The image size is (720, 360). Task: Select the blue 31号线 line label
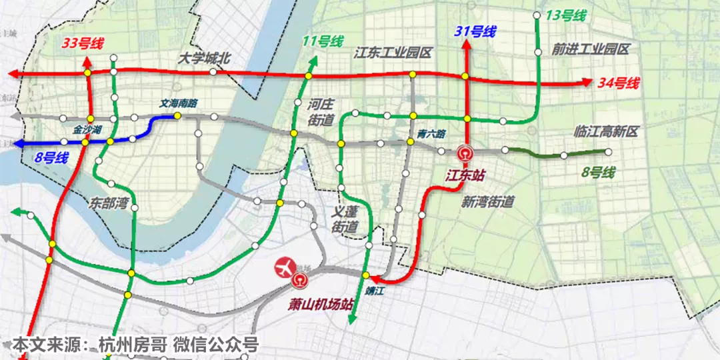tap(476, 31)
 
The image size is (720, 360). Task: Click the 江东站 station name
tap(465, 175)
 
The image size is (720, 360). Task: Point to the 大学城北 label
tap(204, 59)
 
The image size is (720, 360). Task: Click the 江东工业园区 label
tap(394, 52)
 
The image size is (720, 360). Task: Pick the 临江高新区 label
tap(606, 132)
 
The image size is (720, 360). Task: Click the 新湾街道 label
tap(487, 202)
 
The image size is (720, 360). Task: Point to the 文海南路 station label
tap(178, 104)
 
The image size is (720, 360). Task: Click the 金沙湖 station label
tap(87, 129)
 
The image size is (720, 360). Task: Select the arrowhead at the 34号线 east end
tap(587, 83)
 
